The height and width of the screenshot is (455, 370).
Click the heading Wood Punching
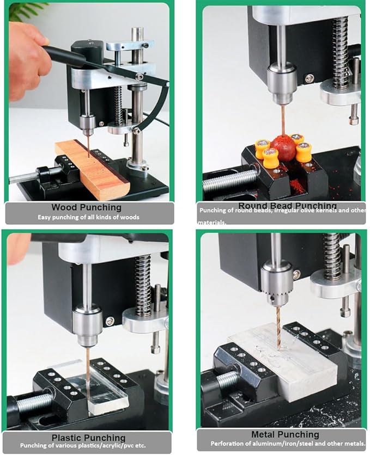coord(86,207)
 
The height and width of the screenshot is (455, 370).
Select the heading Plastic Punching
coord(88,438)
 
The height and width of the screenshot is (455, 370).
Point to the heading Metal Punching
coord(285,434)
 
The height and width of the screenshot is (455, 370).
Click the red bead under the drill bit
coord(284,148)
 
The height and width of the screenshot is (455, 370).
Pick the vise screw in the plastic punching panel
coord(33,403)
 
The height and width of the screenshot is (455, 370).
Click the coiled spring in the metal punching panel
coord(332,256)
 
